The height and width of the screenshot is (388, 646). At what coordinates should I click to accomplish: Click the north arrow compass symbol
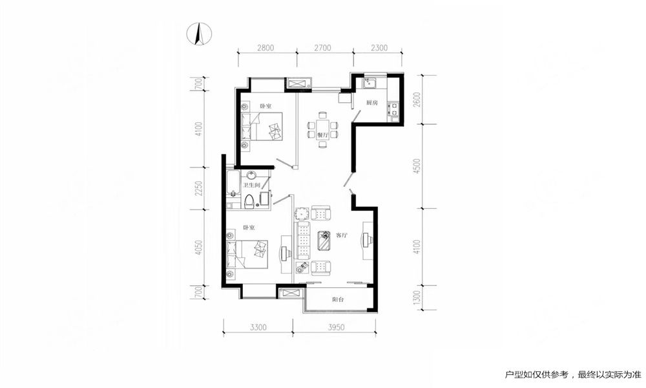coord(198,34)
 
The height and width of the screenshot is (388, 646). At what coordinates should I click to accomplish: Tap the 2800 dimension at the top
coord(266,48)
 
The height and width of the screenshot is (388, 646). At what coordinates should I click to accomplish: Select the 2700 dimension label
coord(322,48)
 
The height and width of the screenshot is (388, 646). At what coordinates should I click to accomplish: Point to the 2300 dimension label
coord(379,48)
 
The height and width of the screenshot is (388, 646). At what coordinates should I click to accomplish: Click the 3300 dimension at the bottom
coord(258,327)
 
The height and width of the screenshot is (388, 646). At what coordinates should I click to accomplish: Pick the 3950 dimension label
coord(336,327)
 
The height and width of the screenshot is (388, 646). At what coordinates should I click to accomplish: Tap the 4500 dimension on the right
coord(417,166)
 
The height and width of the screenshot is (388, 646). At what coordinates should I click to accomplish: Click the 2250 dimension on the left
coord(200,188)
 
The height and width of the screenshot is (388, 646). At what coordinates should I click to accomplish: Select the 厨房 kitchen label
coord(372,103)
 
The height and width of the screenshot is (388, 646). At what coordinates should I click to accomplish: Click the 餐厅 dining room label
coord(322,135)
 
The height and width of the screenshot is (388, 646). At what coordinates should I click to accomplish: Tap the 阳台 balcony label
coord(338,300)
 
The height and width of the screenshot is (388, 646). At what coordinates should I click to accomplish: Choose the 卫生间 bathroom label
coord(251,186)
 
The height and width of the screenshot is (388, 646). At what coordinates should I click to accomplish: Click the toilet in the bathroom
coord(249,201)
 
